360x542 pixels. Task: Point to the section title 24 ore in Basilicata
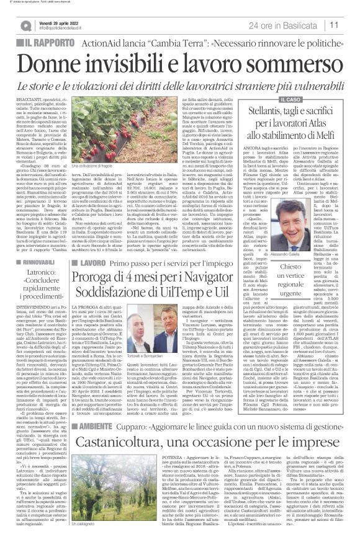[x=287, y=25]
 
